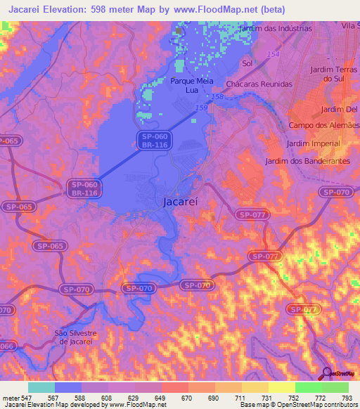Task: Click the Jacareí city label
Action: click(x=181, y=201)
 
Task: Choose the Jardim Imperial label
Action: click(x=313, y=143)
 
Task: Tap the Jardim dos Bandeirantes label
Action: click(x=307, y=161)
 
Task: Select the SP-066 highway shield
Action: click(x=6, y=345)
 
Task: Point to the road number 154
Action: click(x=273, y=54)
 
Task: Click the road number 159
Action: click(x=202, y=107)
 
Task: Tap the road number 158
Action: click(x=217, y=96)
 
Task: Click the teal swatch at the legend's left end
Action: click(x=41, y=387)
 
